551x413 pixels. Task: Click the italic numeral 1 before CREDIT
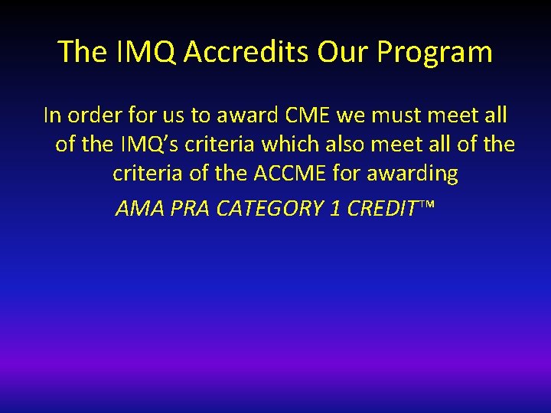pos(334,209)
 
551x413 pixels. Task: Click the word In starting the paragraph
pos(52,115)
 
